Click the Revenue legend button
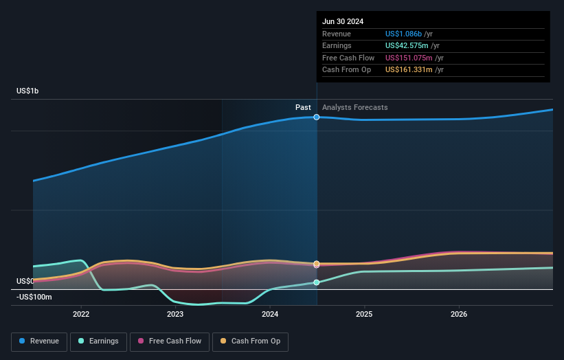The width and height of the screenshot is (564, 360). (x=39, y=341)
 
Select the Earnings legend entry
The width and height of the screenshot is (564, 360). (x=98, y=341)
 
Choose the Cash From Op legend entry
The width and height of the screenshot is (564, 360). (x=250, y=341)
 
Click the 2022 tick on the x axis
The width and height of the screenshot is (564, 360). (x=81, y=314)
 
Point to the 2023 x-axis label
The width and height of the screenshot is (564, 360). (x=175, y=314)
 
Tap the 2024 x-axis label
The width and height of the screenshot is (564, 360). (x=270, y=314)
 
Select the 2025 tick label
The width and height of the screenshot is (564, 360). (x=364, y=314)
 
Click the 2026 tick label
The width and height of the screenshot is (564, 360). (x=459, y=314)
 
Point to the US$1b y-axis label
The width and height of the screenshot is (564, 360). (x=28, y=91)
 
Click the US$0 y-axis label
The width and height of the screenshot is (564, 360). (x=25, y=281)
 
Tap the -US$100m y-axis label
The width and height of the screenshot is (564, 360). (x=34, y=297)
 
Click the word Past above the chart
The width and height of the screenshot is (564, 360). (x=303, y=107)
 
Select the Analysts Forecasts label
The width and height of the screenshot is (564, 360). (x=354, y=107)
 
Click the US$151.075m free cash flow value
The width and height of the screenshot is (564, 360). (x=409, y=58)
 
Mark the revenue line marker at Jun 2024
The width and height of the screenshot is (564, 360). (x=317, y=117)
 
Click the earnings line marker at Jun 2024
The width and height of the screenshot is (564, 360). (x=317, y=282)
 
